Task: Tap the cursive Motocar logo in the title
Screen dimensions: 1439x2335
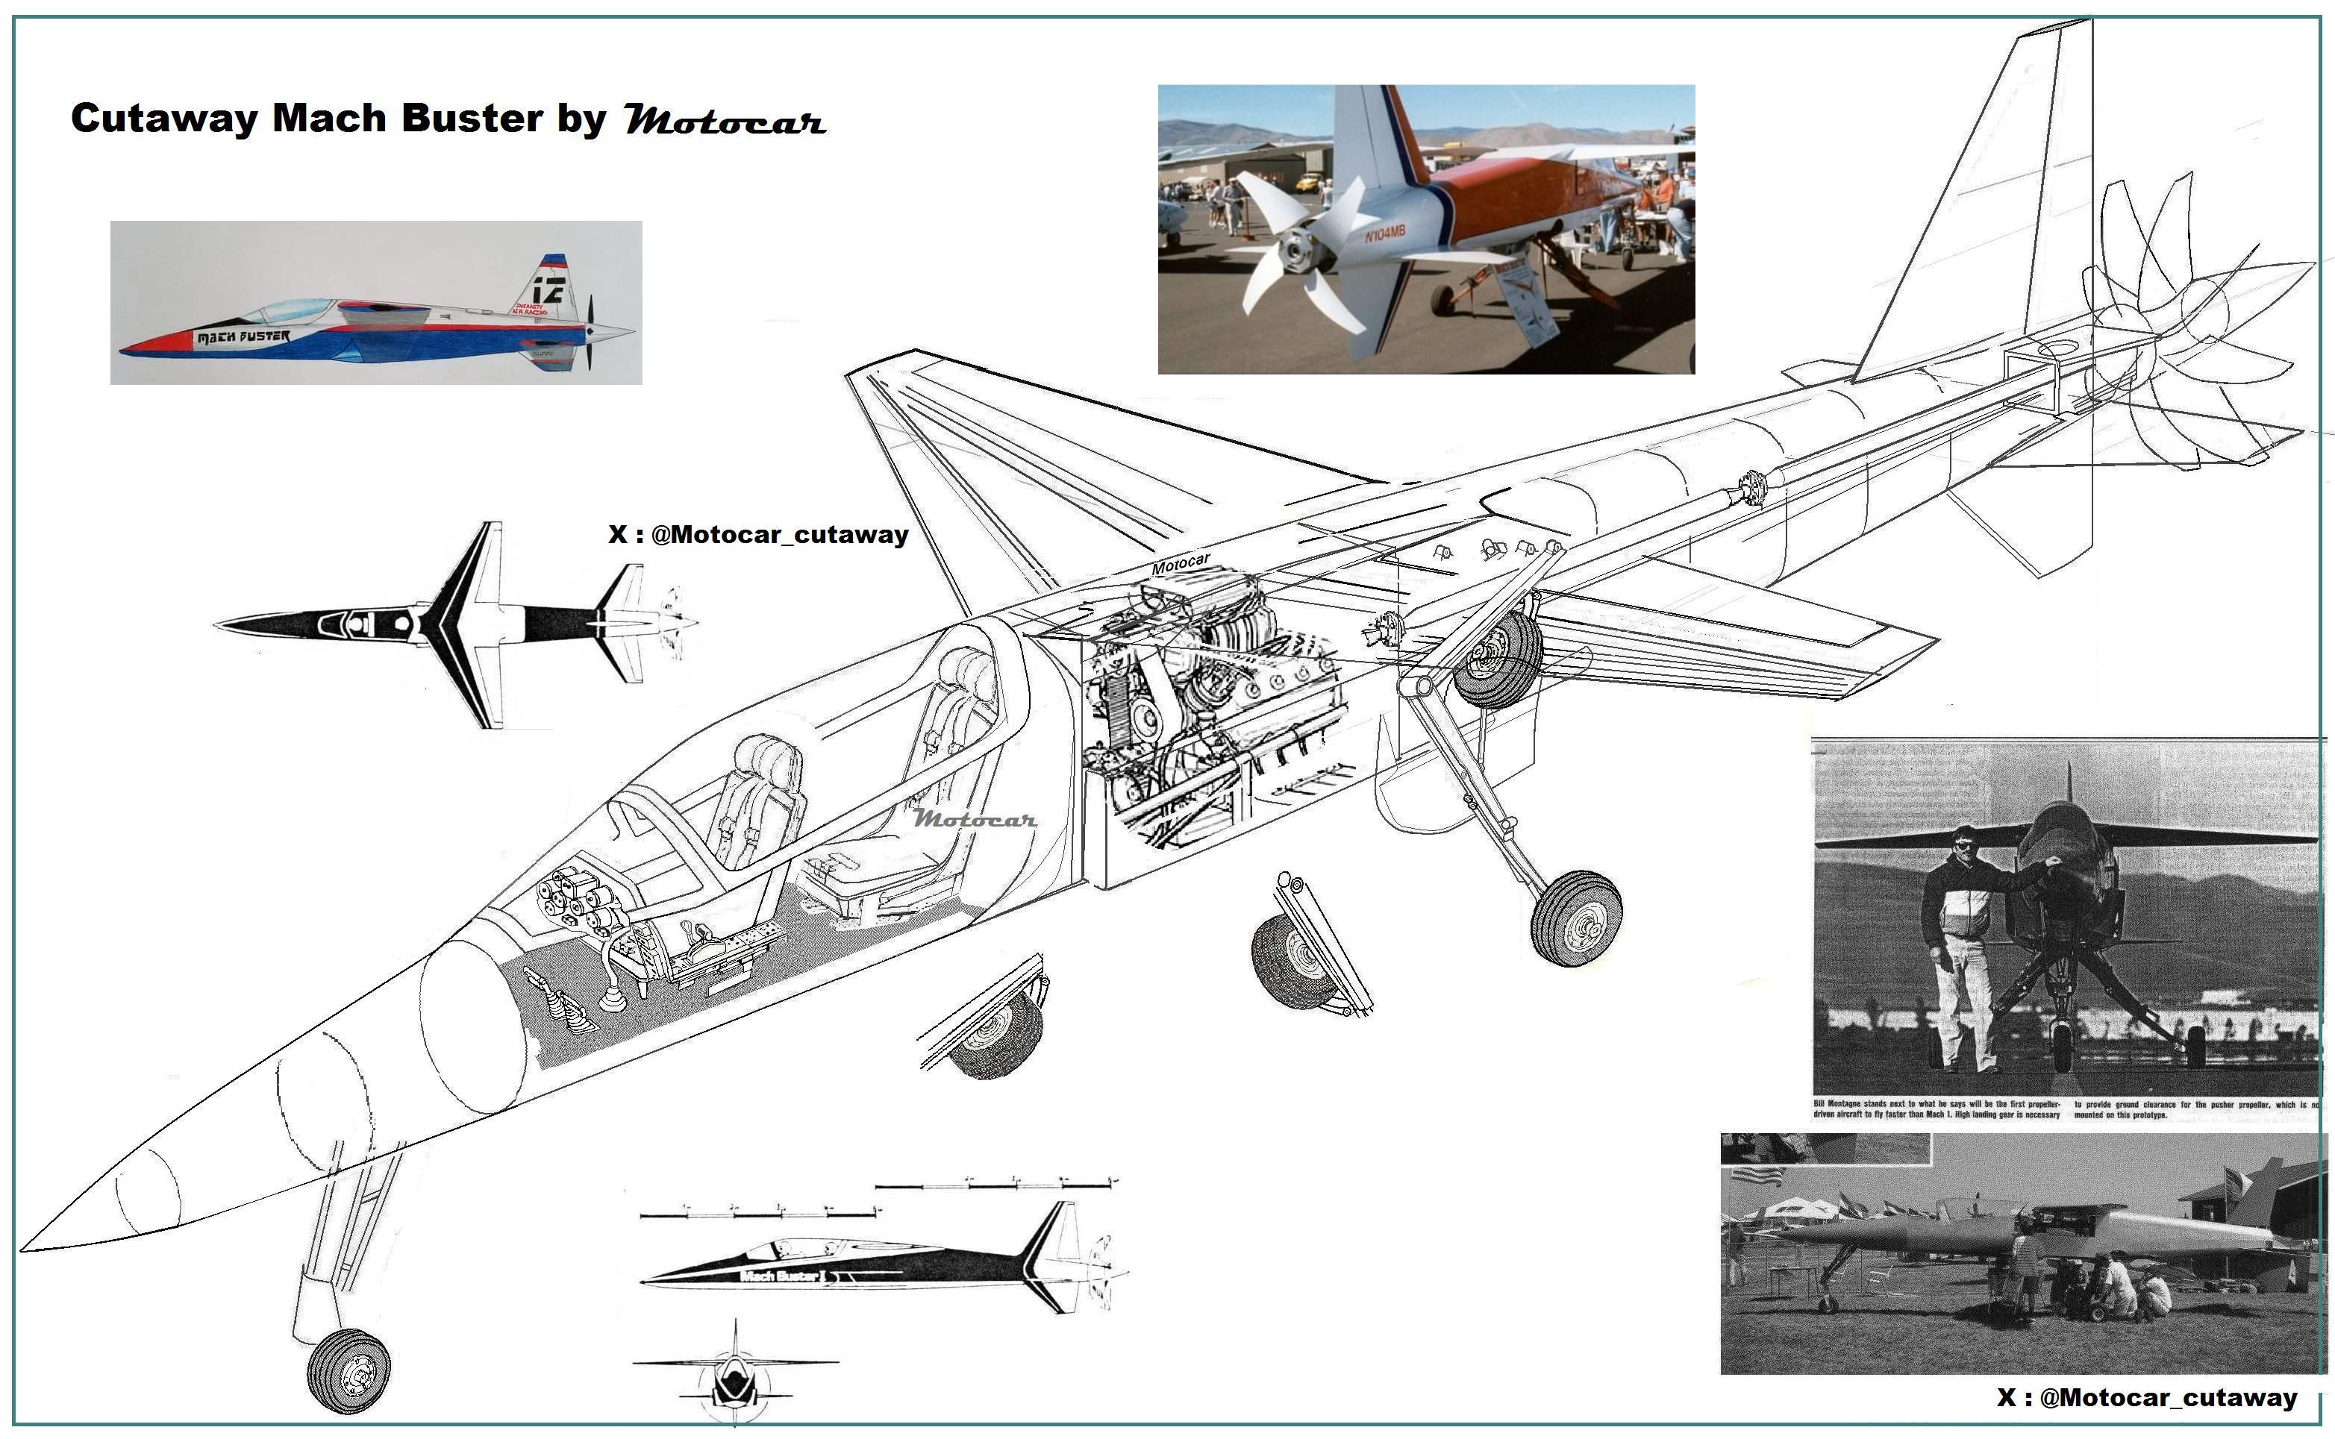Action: coord(725,121)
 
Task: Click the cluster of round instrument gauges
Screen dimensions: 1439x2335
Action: coord(577,903)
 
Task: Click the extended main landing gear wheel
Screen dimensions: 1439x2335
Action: coord(1575,918)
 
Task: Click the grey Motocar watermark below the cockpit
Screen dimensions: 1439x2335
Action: coord(974,818)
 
